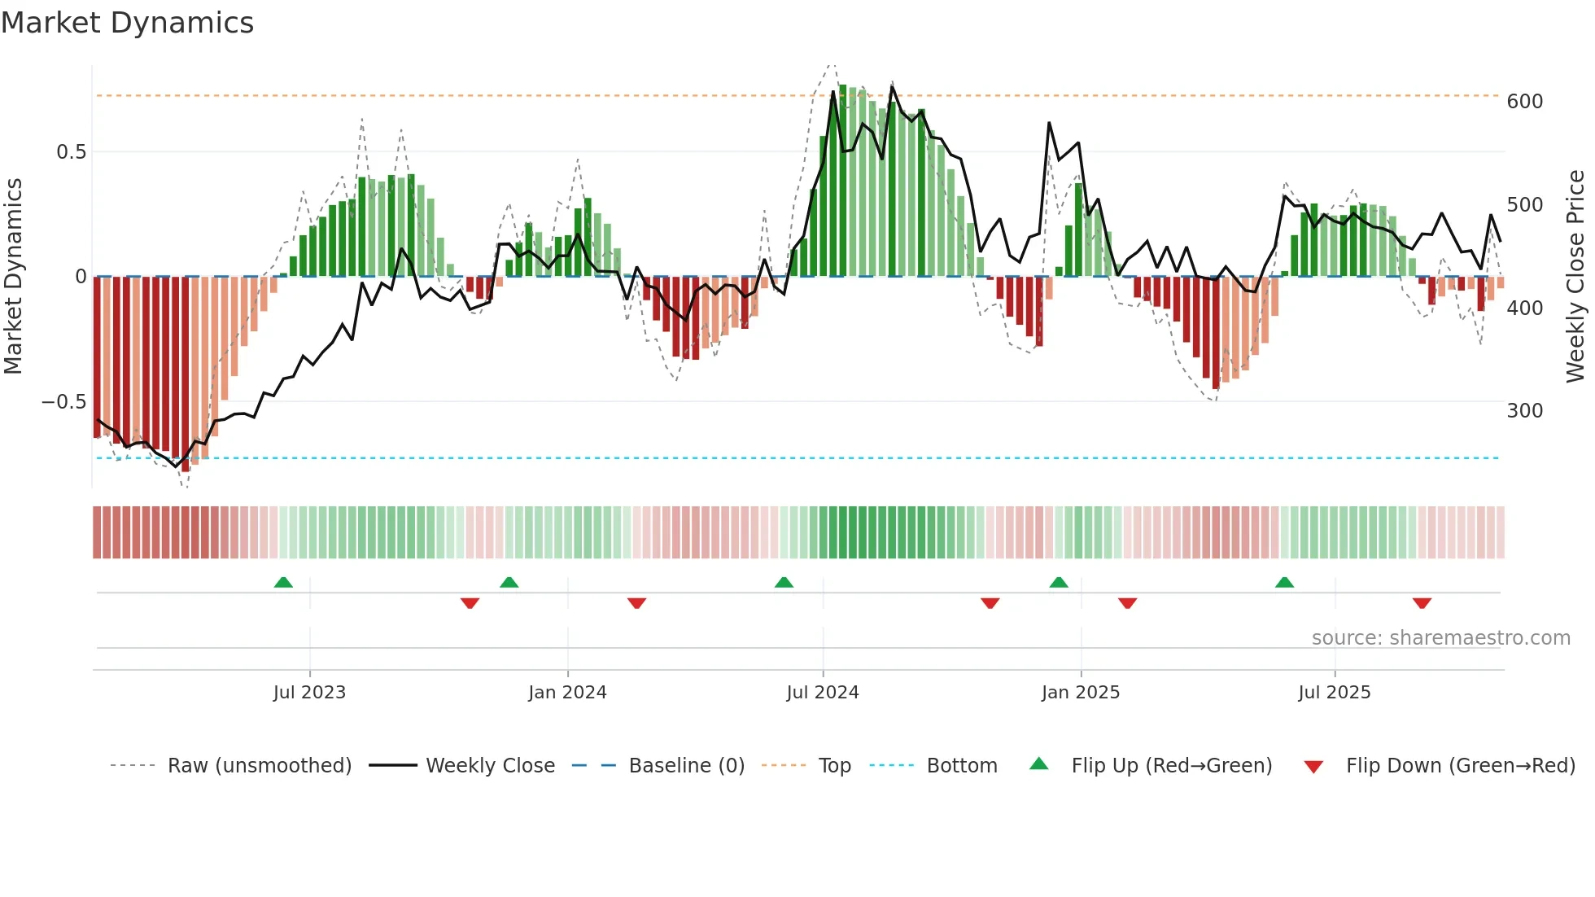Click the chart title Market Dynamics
(x=127, y=23)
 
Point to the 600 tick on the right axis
(x=1524, y=102)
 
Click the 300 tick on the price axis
(x=1524, y=411)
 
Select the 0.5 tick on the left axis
(x=71, y=152)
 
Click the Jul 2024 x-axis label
(x=822, y=693)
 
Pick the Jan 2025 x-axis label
(x=1080, y=693)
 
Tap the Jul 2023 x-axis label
(x=309, y=693)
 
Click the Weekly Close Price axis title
(x=1575, y=277)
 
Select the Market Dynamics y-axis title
(x=13, y=277)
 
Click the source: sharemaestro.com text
(x=1440, y=638)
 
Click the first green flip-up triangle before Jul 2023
(x=283, y=583)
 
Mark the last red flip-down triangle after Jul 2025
(x=1422, y=603)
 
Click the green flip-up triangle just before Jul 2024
(x=784, y=583)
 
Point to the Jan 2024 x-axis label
(x=567, y=693)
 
